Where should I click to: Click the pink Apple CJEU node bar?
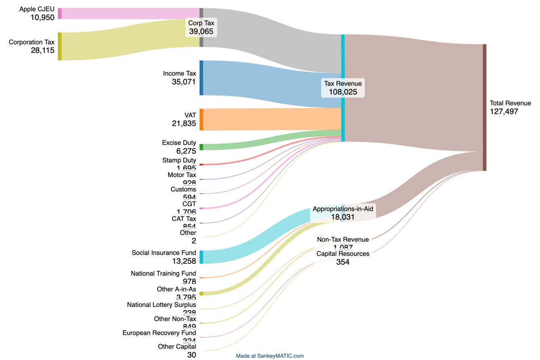pyautogui.click(x=60, y=13)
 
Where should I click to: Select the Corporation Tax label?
pyautogui.click(x=32, y=42)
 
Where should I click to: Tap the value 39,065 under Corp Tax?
pyautogui.click(x=201, y=31)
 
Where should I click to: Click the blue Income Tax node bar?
pyautogui.click(x=201, y=78)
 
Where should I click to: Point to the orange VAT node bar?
pyautogui.click(x=201, y=120)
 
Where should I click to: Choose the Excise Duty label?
pyautogui.click(x=179, y=143)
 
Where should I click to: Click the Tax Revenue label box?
pyautogui.click(x=343, y=87)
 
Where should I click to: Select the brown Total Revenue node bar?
pyautogui.click(x=484, y=107)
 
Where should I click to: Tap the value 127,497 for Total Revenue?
pyautogui.click(x=504, y=111)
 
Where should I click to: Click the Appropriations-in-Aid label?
pyautogui.click(x=343, y=209)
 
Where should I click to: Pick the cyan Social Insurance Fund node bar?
pyautogui.click(x=201, y=257)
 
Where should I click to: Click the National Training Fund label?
pyautogui.click(x=163, y=273)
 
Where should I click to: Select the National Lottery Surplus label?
pyautogui.click(x=161, y=305)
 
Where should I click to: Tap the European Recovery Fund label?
pyautogui.click(x=159, y=333)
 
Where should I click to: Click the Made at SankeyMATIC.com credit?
pyautogui.click(x=270, y=356)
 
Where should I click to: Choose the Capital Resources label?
pyautogui.click(x=343, y=253)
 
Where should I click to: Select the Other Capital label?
pyautogui.click(x=177, y=346)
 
